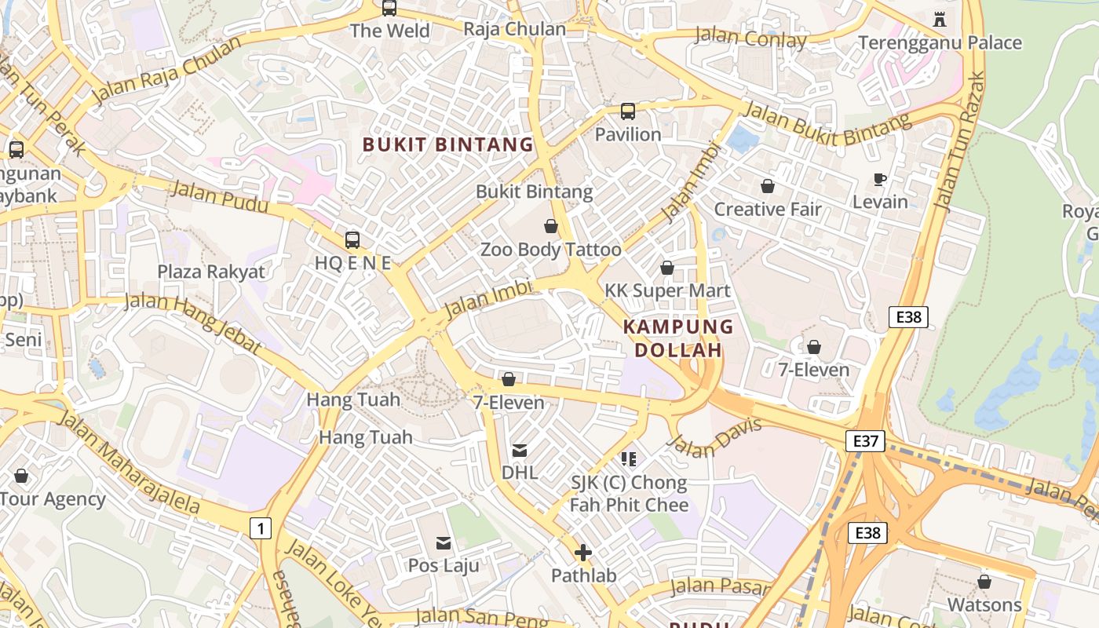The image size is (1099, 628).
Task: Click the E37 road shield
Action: point(865,441)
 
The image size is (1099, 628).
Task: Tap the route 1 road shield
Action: point(261,528)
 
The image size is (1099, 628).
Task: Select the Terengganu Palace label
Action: point(940,42)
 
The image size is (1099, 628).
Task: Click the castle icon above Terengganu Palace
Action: point(940,19)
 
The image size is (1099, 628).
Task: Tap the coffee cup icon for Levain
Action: point(880,180)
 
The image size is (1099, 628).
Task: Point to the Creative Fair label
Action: point(767,210)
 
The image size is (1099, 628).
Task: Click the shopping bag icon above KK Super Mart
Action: point(667,268)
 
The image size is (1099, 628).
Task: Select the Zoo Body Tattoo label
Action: point(550,250)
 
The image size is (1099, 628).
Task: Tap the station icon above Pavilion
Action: point(628,111)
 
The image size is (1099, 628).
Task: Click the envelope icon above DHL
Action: point(520,451)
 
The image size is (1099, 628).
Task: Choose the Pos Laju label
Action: point(444,565)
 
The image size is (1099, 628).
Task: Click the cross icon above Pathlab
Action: point(583,553)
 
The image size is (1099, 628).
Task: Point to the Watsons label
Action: point(984,604)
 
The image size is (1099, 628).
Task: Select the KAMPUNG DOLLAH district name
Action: point(678,338)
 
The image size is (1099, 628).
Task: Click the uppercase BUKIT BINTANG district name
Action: point(447,144)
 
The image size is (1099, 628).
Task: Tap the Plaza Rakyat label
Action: point(211,272)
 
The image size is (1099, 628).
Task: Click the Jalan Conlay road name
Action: point(751,38)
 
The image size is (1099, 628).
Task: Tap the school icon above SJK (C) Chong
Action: point(628,458)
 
